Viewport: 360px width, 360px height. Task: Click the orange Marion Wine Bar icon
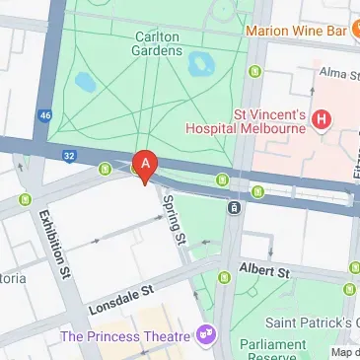[350, 29]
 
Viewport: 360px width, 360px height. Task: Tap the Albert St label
[263, 270]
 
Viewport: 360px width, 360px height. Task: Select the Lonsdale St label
[120, 295]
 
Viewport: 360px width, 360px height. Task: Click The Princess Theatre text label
[124, 335]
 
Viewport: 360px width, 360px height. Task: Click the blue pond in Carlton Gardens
[202, 64]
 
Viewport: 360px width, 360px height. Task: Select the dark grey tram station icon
[235, 207]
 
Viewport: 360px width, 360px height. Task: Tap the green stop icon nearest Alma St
[256, 71]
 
